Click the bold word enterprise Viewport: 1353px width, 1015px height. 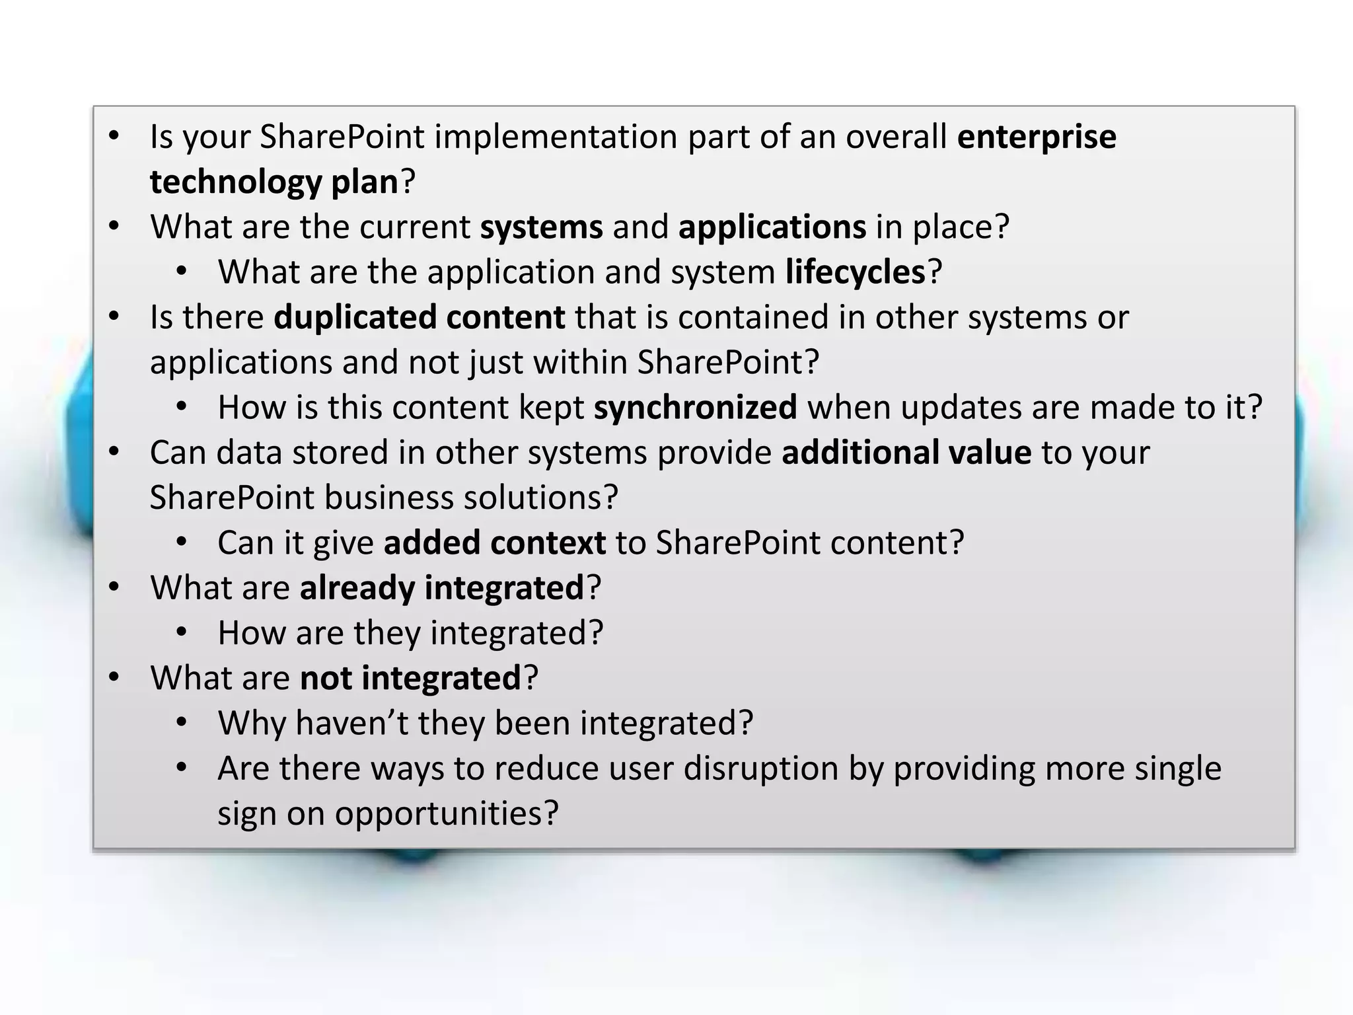(1036, 137)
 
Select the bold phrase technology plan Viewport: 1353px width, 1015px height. (274, 182)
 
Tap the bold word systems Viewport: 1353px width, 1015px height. (541, 227)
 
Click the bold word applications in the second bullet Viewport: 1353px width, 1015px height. (772, 227)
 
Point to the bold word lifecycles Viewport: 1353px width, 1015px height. (856, 272)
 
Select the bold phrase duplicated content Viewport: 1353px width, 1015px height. (419, 317)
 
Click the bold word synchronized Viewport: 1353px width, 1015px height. (695, 408)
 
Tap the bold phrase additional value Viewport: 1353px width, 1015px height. (906, 453)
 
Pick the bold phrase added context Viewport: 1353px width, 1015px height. (494, 543)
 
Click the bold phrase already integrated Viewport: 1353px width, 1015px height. (441, 588)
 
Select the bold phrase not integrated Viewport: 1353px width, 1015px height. (410, 678)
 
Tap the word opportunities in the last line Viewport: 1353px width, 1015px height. (447, 813)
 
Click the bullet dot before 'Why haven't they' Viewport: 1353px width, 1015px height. (182, 723)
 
